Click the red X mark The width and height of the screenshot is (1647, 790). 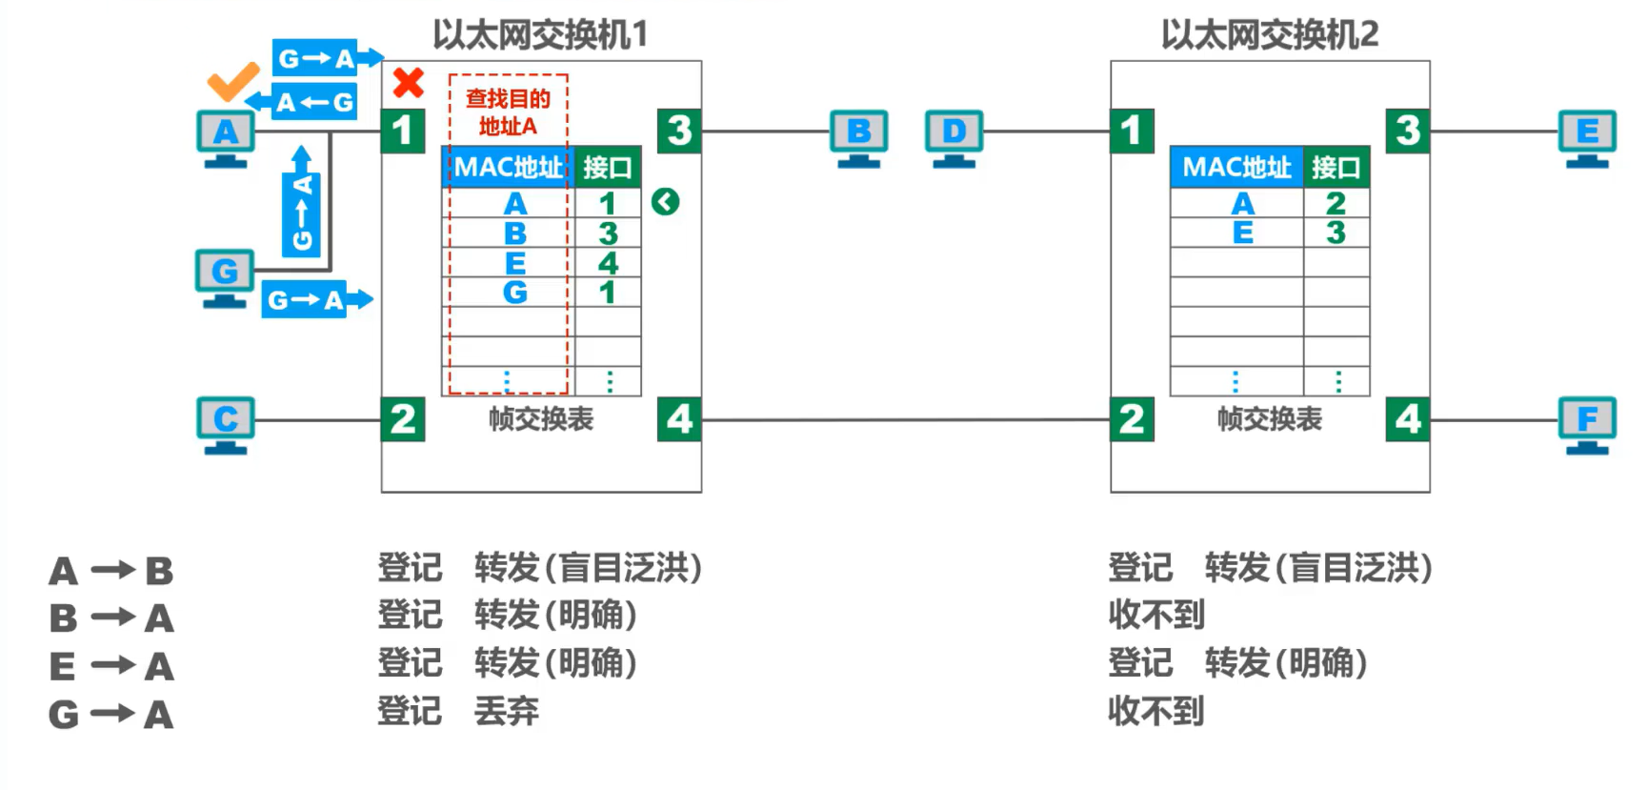[409, 83]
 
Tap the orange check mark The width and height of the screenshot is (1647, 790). [233, 81]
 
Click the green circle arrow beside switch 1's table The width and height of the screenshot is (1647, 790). [666, 201]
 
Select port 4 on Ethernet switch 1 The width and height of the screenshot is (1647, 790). [679, 419]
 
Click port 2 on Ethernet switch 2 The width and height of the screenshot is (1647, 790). [1132, 419]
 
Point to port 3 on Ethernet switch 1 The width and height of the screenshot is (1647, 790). [679, 131]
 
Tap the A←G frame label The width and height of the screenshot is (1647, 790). [314, 102]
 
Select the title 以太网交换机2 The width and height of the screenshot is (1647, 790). [1270, 34]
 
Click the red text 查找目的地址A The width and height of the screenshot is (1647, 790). [509, 112]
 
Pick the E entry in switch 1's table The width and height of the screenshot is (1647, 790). [515, 263]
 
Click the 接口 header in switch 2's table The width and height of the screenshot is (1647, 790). [1336, 168]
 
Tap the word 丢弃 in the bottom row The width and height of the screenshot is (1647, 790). [507, 711]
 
